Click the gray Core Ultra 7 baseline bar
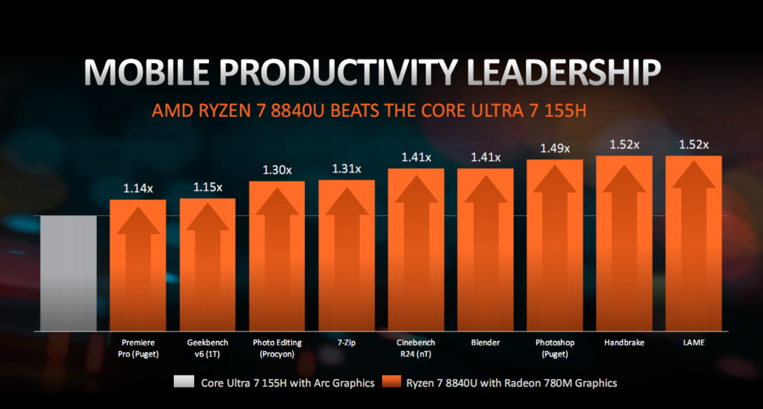point(68,274)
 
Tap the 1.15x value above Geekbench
point(208,187)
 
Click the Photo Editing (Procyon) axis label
point(277,348)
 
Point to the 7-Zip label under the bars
point(346,343)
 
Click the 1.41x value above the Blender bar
point(486,158)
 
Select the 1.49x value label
point(555,149)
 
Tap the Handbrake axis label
point(624,343)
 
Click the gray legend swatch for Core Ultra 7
point(184,383)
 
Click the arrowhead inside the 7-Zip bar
point(347,201)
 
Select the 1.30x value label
point(277,170)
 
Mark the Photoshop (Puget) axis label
point(555,348)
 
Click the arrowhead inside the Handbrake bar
point(624,179)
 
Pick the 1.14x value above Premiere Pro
point(138,188)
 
